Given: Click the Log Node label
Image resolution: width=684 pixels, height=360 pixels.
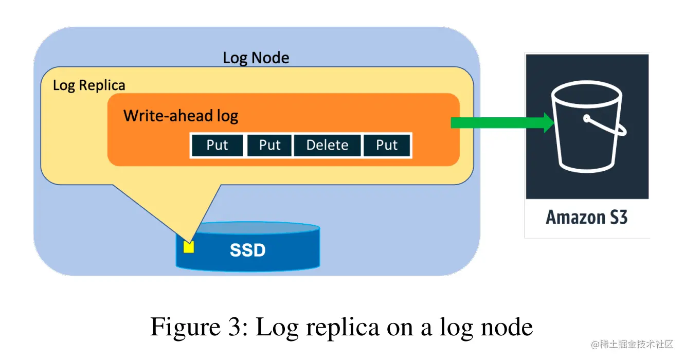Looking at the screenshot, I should coord(256,58).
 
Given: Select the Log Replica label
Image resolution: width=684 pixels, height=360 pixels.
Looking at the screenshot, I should coord(89,85).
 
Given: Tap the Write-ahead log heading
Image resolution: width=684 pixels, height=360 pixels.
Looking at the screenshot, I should coord(181,115).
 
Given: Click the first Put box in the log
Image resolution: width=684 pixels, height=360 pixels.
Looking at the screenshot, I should coord(217,146).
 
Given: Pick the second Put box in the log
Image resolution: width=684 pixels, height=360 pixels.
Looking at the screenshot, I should coord(269,146).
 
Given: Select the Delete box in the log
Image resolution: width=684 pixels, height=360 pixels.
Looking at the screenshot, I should coord(327,146).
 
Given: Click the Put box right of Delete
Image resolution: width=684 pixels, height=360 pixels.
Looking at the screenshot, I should coord(387,146).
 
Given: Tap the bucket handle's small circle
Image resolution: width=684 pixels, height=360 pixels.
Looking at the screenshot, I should coord(586,119).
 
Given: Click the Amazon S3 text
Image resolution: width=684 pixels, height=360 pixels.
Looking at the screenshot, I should coord(586,218).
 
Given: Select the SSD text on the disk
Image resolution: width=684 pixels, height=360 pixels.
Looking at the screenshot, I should coord(247,250).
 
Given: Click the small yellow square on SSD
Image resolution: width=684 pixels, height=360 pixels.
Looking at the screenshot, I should coord(189,247).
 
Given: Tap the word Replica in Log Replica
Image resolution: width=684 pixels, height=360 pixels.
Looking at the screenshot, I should coord(102,85).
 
